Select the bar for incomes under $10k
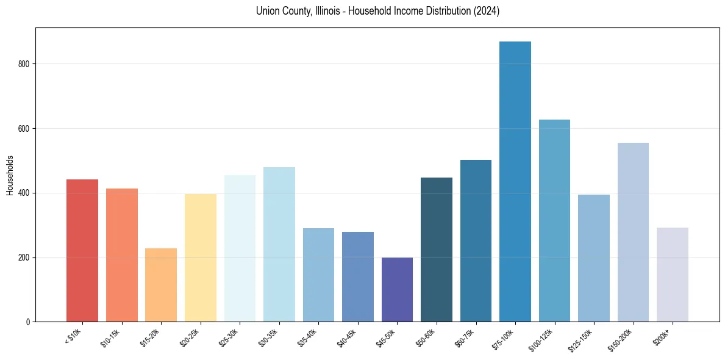coord(82,250)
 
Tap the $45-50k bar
coord(397,289)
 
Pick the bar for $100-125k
coord(554,220)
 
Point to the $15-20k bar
coord(161,285)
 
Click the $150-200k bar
coord(633,232)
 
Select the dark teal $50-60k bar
coord(437,250)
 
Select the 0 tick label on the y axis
coord(27,322)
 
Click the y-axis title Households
coord(10,175)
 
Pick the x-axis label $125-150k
coord(581,339)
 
